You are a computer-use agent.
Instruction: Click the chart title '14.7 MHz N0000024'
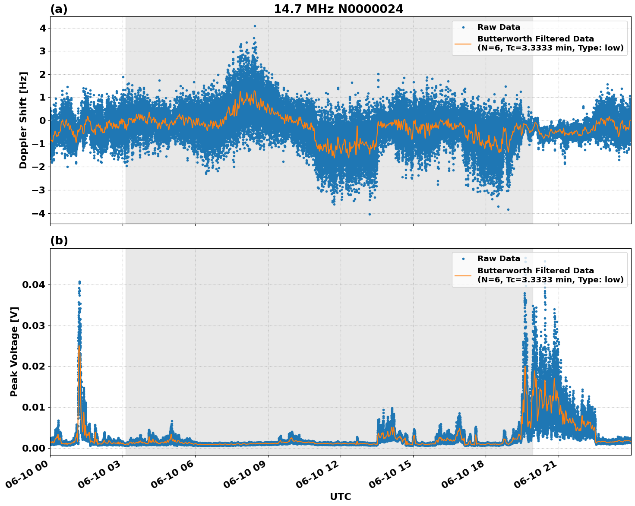point(338,9)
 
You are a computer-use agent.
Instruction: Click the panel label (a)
point(59,9)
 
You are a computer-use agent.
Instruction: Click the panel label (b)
point(59,240)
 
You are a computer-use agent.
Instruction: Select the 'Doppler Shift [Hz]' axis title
point(23,120)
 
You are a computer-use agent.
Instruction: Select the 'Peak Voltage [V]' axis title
point(14,351)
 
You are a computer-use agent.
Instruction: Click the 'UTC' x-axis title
point(340,497)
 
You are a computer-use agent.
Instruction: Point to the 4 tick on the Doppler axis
point(42,28)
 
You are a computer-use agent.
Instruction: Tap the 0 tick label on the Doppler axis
point(42,120)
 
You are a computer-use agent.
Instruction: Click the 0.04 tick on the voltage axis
point(36,285)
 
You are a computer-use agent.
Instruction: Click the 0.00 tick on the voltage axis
point(36,448)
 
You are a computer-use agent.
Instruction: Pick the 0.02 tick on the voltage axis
point(36,367)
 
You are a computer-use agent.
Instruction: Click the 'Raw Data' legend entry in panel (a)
point(499,27)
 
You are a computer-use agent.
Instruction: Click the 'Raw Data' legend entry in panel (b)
point(499,259)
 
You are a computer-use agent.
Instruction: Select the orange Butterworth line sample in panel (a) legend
point(463,43)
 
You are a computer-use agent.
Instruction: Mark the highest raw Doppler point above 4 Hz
point(255,26)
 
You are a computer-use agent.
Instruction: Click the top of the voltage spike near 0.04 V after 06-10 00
point(79,282)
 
